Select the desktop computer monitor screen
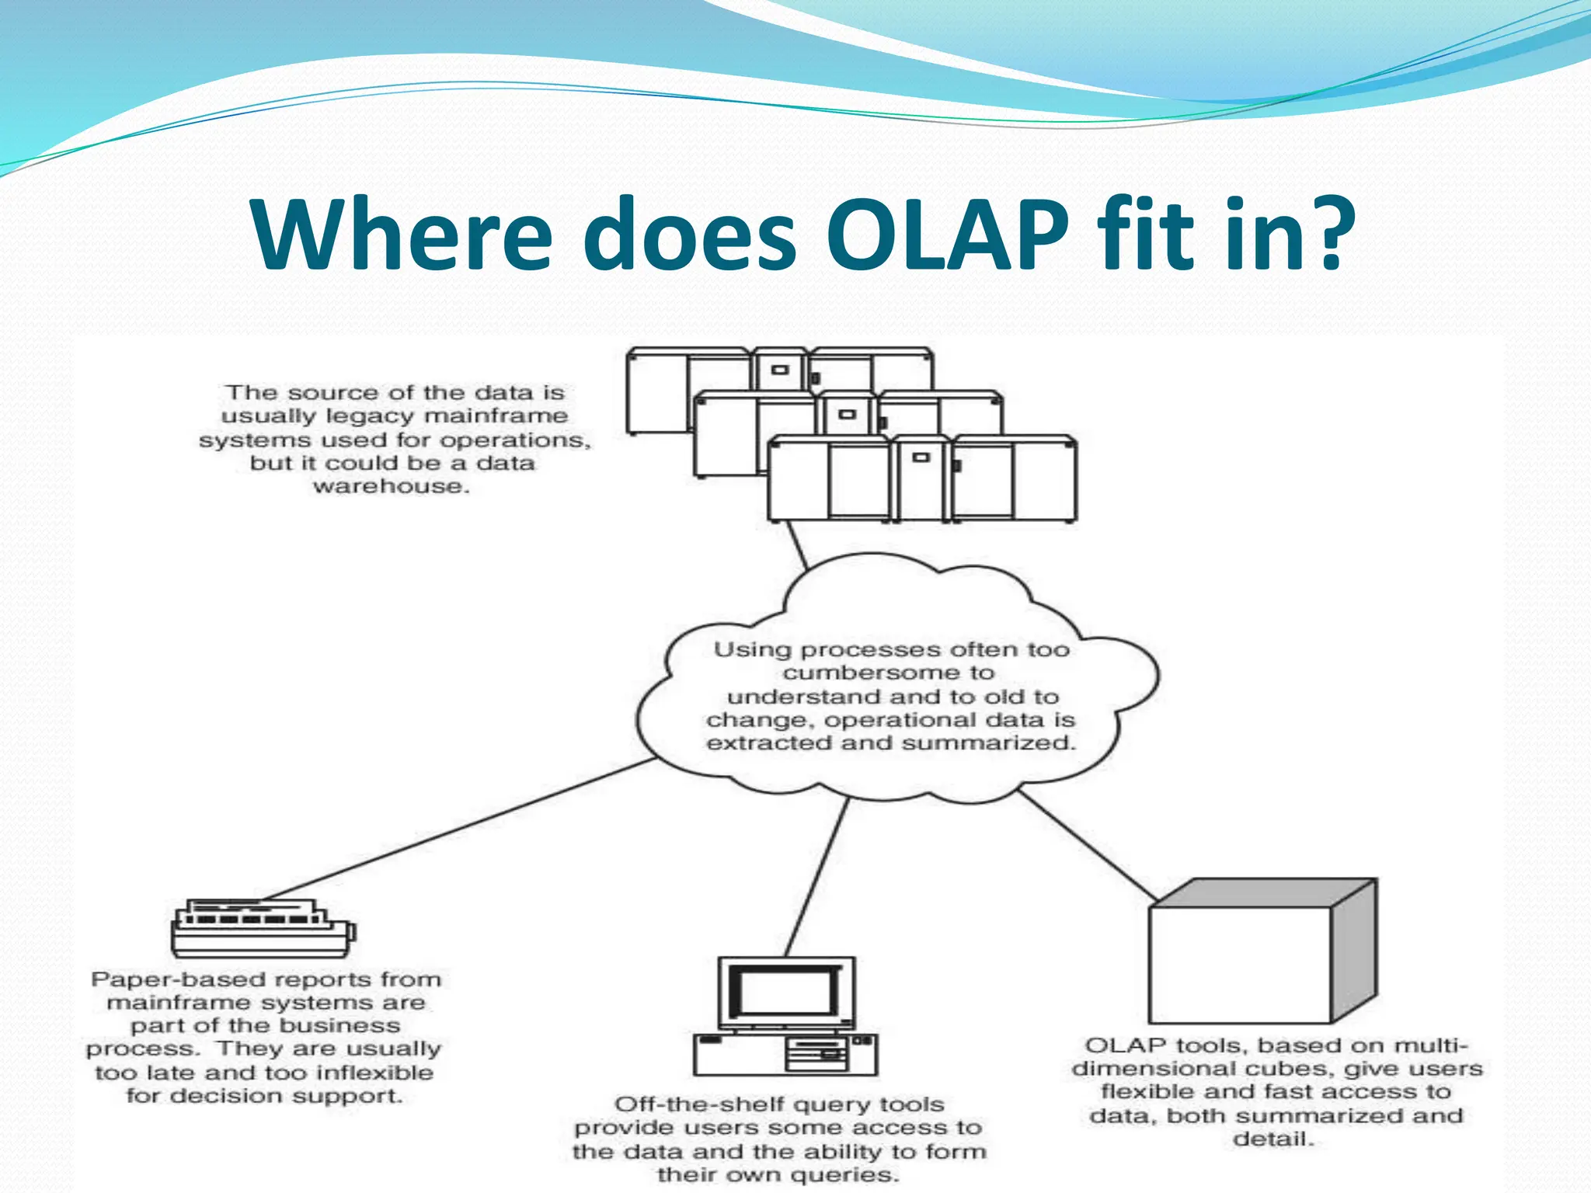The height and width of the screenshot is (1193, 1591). [785, 992]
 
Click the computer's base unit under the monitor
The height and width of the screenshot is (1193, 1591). [785, 1054]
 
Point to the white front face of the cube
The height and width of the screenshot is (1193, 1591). [1240, 965]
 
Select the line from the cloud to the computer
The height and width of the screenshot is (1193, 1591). [816, 878]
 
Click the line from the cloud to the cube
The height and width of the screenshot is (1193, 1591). [1088, 847]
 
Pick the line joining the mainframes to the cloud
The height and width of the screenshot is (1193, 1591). [796, 544]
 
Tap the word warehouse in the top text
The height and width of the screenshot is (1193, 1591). [392, 487]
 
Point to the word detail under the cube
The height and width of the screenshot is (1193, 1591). [1272, 1139]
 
